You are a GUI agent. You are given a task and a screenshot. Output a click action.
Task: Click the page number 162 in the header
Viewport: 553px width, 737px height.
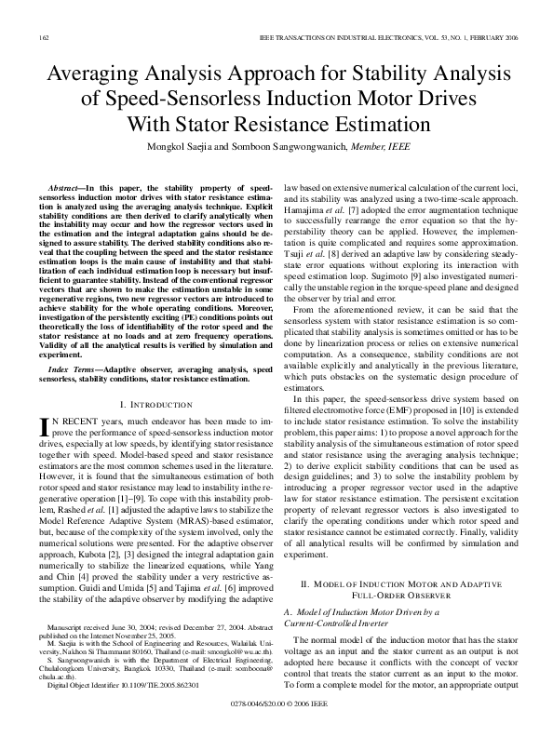click(45, 35)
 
